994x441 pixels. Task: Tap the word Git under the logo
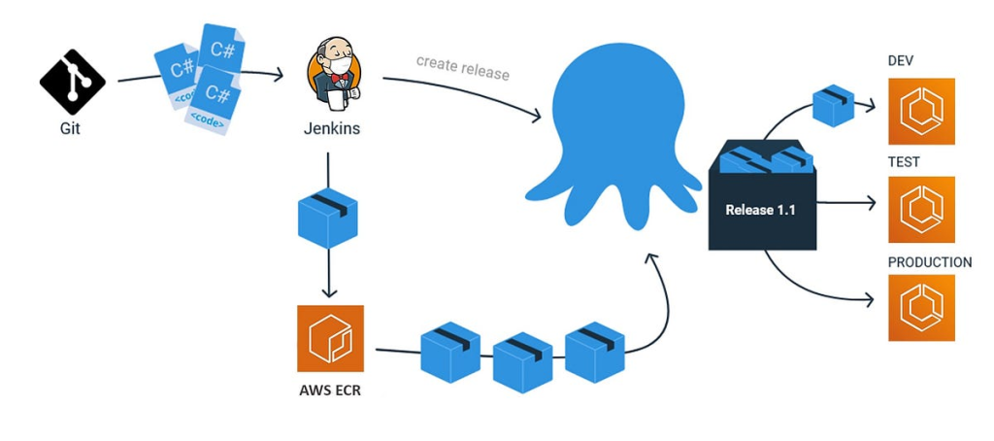[70, 126]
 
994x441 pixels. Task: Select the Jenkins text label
[331, 126]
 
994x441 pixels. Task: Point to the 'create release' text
[462, 66]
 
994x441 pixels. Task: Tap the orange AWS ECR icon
[330, 338]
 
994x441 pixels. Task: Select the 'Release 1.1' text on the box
[761, 209]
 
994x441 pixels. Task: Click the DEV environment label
[901, 61]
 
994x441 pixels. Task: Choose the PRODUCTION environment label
[929, 262]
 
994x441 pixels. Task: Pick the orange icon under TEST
[921, 210]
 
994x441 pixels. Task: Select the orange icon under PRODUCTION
[921, 308]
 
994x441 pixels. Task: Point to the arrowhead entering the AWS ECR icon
[329, 292]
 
